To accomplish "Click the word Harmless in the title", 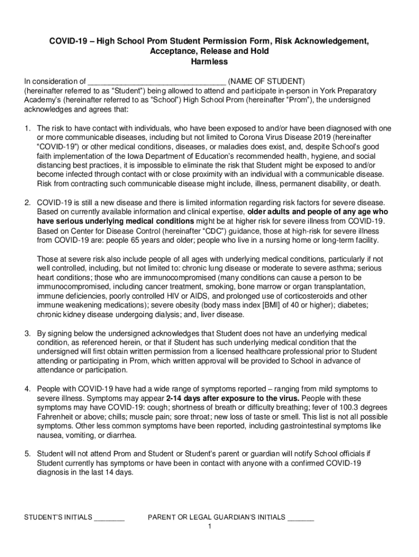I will pos(209,62).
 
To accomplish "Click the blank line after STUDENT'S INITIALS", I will pos(110,517).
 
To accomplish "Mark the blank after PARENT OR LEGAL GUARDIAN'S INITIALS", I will pos(301,517).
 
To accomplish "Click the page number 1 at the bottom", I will pos(209,527).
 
